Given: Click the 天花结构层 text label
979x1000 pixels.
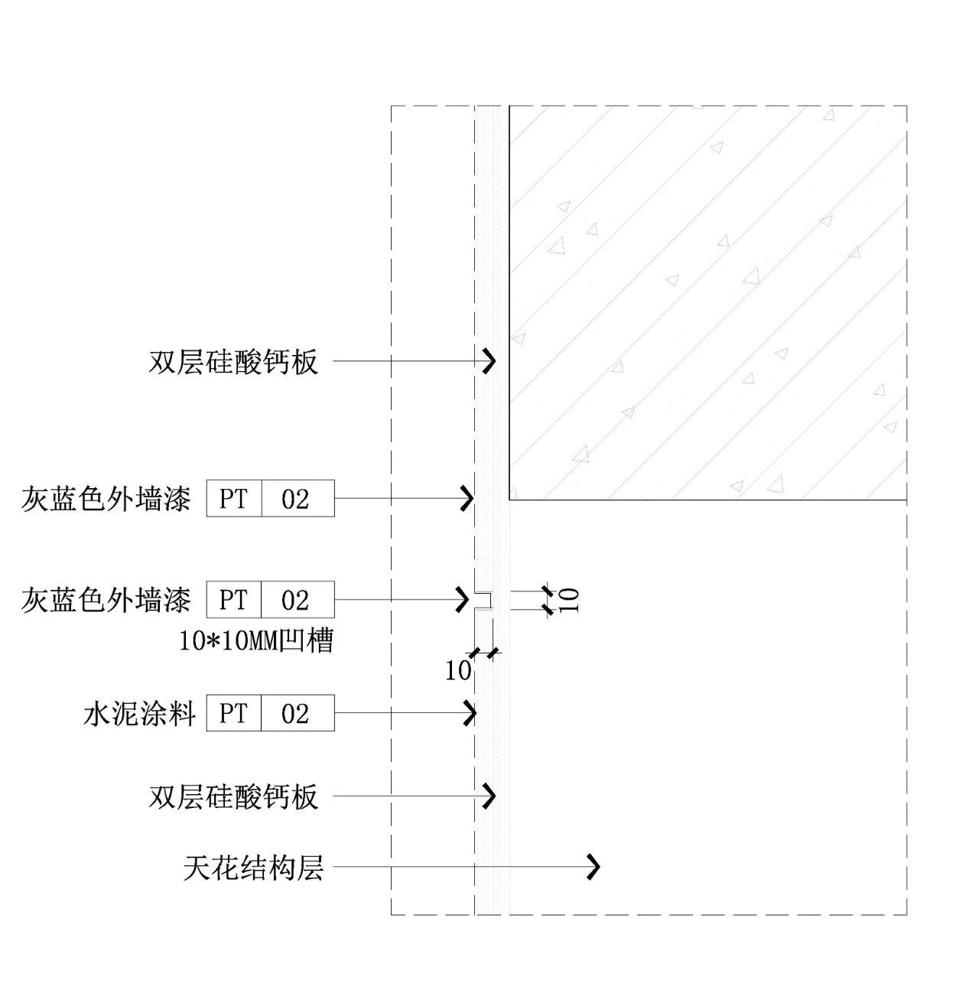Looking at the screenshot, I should coord(253,868).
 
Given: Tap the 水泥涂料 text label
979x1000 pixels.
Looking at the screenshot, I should coord(140,714).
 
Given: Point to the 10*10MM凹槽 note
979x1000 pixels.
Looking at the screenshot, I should coord(256,640).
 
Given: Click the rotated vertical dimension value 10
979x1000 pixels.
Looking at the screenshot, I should coord(570,600).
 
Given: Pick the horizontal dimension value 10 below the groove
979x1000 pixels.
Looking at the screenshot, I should coord(457,671).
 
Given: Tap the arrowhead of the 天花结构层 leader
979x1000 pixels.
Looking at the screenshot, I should coord(594,867).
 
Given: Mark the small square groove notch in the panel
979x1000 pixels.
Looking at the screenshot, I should coord(483,601).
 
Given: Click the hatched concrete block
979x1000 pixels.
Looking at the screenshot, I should coord(707,302).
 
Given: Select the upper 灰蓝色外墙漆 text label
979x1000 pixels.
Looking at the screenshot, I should coord(106,499).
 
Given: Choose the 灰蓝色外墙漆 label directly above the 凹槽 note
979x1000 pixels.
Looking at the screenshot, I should coord(106,600).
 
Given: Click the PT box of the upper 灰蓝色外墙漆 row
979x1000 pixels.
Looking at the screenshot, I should coord(233,499).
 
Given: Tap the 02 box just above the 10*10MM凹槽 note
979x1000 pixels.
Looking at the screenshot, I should coord(296,600).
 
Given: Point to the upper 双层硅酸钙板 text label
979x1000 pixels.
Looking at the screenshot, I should coord(233,361).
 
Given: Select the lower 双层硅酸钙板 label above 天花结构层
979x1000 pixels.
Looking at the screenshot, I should coord(233,796).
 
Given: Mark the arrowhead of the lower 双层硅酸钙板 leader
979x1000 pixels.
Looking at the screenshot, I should coord(489,796).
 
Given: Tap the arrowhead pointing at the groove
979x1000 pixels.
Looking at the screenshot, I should coord(463,599).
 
